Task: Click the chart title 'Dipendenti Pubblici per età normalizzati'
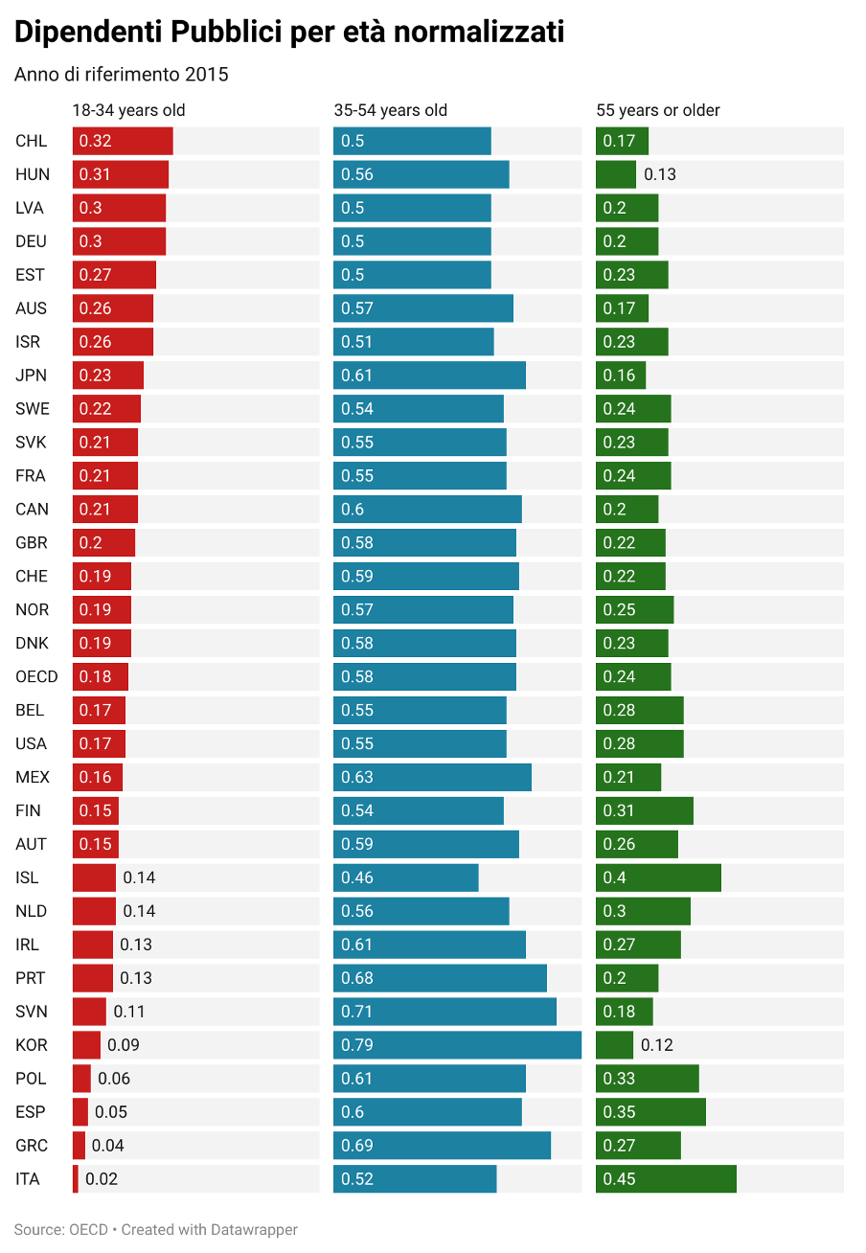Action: (289, 34)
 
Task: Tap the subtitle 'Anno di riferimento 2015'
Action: (122, 75)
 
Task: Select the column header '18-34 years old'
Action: (129, 110)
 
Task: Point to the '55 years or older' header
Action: (658, 110)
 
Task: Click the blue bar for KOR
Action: (457, 1045)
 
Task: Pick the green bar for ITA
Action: (666, 1179)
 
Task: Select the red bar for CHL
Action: (123, 141)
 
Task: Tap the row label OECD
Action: (36, 677)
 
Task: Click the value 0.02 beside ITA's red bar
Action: (102, 1179)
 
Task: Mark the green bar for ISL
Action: (658, 877)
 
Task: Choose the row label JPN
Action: (31, 376)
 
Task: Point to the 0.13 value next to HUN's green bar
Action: (660, 174)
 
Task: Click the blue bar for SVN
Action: (444, 1012)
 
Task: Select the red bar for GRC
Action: (79, 1146)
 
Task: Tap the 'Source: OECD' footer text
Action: (61, 1230)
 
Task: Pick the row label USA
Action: (31, 743)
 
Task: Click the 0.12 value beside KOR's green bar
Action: (657, 1045)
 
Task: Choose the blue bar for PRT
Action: (440, 978)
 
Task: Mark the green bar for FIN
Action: (644, 810)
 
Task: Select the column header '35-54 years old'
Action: (391, 110)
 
